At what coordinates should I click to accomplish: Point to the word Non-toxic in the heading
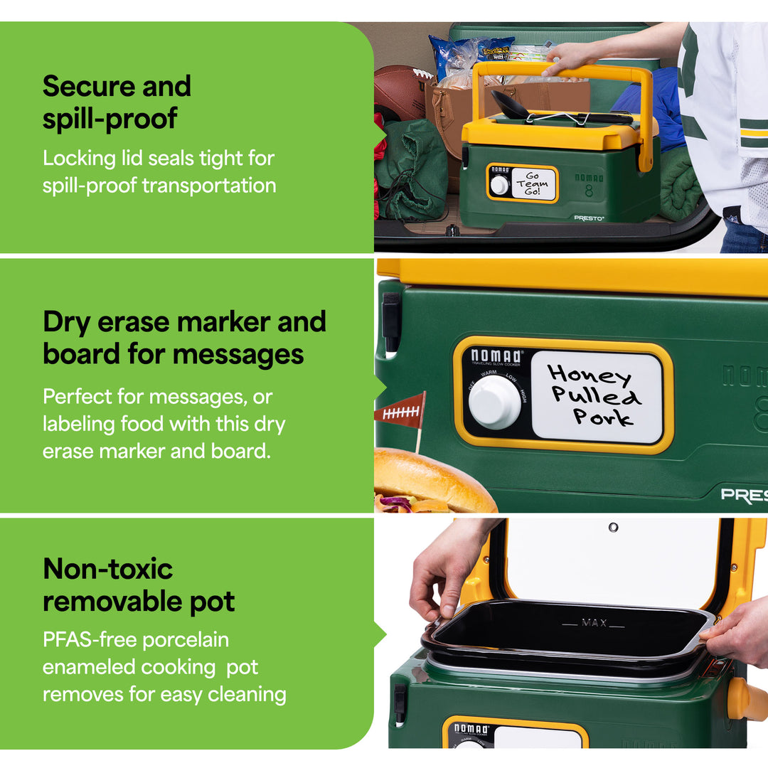pos(108,569)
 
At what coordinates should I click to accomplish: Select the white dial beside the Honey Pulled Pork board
pos(494,402)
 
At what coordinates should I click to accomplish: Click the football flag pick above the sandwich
pos(402,412)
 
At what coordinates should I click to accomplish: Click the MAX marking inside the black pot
pos(593,623)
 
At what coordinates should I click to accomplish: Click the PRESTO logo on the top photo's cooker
pos(589,218)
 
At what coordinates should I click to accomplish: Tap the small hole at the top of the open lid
pos(613,527)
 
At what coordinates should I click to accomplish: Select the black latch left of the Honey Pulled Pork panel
pos(391,323)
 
